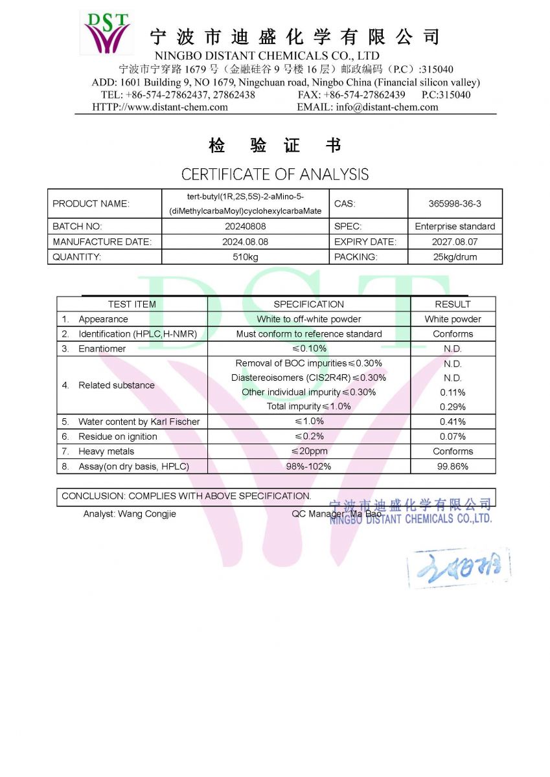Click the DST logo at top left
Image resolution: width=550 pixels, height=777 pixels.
pos(106,32)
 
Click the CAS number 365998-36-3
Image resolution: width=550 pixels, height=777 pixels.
pos(455,203)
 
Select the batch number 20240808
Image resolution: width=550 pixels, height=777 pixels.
pos(245,227)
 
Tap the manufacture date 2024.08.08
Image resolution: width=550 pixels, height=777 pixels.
pos(245,242)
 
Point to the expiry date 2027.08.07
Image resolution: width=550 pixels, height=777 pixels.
pos(455,242)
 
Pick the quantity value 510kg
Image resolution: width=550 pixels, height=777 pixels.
pos(245,257)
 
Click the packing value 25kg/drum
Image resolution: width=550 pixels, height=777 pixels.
pos(455,257)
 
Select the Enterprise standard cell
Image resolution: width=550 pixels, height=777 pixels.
pos(455,227)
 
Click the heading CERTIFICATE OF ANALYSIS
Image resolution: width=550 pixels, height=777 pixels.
pos(275,174)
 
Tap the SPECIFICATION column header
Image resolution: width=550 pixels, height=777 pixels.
pos(308,304)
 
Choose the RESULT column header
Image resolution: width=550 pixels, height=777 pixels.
pos(453,304)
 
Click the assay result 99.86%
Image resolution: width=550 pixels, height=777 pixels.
pos(453,466)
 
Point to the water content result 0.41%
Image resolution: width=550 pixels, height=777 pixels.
pos(453,422)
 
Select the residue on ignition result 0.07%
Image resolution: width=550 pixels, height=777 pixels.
pos(453,436)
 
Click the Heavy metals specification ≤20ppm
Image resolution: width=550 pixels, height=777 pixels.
pos(309,451)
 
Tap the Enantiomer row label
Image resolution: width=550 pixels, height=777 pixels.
pos(102,348)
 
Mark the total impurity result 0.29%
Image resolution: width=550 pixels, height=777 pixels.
pos(453,407)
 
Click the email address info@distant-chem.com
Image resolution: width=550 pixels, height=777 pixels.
pos(387,107)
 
